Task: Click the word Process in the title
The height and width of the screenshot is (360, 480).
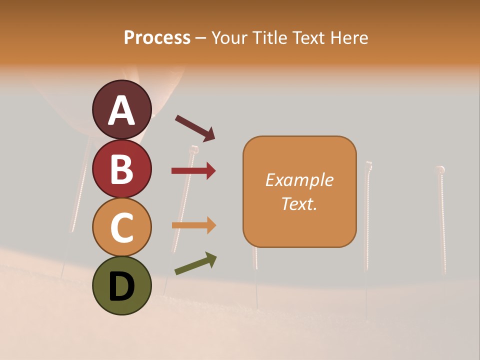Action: pos(157,38)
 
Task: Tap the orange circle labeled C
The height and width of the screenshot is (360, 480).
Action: pos(122,227)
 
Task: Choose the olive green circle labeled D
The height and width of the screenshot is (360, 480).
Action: pos(122,285)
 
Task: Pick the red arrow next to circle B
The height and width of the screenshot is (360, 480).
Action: pos(193,171)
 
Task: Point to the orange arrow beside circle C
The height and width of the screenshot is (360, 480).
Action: pos(193,225)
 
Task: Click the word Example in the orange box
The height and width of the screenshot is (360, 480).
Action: pos(299,180)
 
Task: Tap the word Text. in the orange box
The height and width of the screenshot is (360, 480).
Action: pos(299,203)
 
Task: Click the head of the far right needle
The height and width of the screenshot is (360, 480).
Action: pos(440,169)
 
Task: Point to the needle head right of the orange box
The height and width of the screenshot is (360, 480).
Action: pos(368,164)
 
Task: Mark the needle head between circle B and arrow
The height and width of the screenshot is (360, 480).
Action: pos(194,149)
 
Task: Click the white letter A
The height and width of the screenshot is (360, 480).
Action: pos(122,110)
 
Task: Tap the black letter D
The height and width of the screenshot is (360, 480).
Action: pos(122,286)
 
